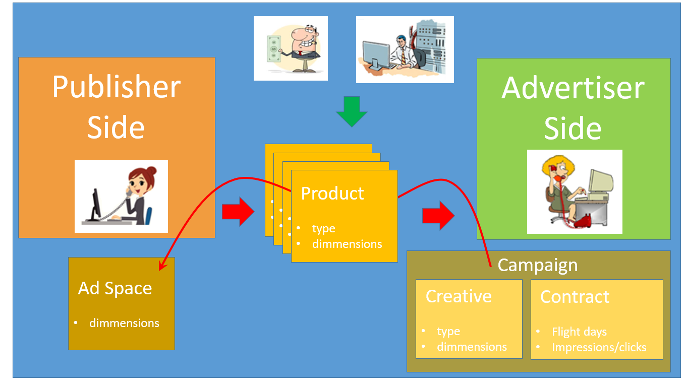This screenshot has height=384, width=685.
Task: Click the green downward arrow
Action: [352, 111]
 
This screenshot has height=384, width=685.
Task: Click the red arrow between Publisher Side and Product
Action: [238, 211]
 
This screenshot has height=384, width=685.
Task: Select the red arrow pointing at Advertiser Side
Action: [438, 216]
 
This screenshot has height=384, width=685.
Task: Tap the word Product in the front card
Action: [332, 194]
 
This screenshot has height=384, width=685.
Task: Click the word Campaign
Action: [538, 265]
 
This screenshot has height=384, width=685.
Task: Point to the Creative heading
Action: [459, 296]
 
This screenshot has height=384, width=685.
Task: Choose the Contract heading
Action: [575, 297]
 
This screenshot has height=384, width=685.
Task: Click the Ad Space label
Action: [115, 288]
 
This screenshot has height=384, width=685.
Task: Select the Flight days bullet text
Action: [579, 332]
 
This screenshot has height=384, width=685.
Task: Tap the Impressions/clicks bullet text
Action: [599, 347]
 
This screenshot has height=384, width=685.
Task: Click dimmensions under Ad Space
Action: [124, 323]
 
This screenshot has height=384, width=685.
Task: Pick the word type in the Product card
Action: [323, 228]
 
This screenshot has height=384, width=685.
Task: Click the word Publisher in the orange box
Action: [116, 87]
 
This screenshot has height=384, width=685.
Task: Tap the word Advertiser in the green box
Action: [573, 88]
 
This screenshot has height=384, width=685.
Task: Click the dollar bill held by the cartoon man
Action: [274, 49]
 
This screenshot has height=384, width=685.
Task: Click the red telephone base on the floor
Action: [583, 221]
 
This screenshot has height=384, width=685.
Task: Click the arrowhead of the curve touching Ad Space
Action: [162, 266]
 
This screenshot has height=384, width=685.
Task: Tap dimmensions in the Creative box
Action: [472, 347]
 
